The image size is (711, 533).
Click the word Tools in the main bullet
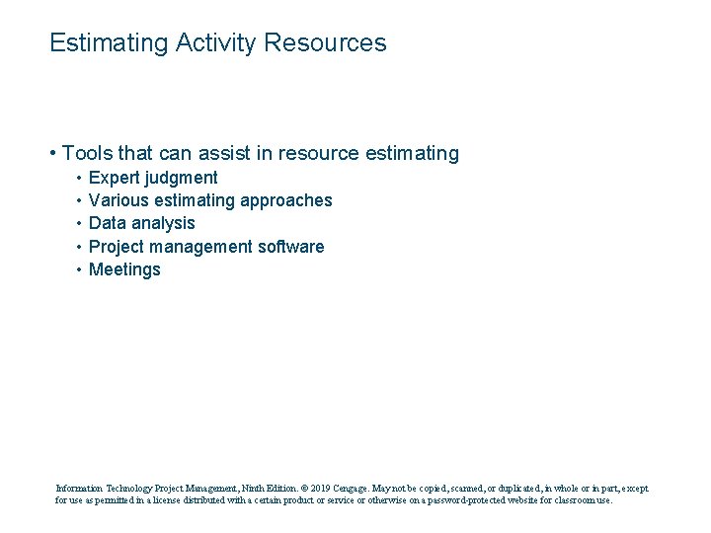(87, 153)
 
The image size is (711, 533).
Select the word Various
(118, 200)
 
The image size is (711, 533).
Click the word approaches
(286, 201)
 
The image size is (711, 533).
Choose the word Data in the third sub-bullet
(107, 223)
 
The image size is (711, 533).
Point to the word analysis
(163, 224)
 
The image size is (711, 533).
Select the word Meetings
(124, 270)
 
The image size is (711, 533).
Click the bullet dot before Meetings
(77, 269)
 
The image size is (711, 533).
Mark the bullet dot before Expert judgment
(77, 178)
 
